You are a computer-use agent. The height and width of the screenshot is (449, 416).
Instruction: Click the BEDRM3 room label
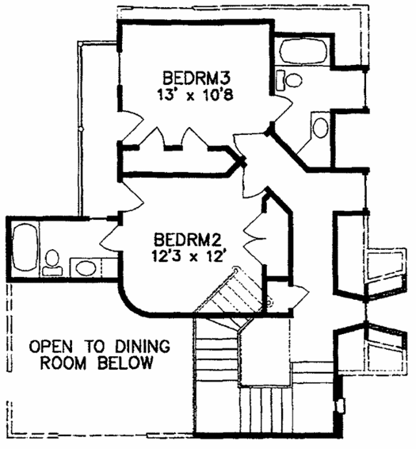pyautogui.click(x=197, y=79)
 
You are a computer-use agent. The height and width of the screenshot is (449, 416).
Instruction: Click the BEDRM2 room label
pyautogui.click(x=188, y=240)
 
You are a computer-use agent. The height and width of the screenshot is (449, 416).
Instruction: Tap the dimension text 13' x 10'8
pyautogui.click(x=196, y=94)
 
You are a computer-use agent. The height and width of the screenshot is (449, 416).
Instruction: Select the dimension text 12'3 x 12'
pyautogui.click(x=188, y=256)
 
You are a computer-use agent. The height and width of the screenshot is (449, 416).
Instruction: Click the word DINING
pyautogui.click(x=143, y=347)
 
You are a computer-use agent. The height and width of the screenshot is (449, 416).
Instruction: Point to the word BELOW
pyautogui.click(x=125, y=363)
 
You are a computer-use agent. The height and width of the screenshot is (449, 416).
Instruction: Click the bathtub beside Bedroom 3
pyautogui.click(x=303, y=51)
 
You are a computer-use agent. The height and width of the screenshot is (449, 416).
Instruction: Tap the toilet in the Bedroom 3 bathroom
pyautogui.click(x=289, y=80)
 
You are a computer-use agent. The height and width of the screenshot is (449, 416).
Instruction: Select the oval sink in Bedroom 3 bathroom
pyautogui.click(x=320, y=128)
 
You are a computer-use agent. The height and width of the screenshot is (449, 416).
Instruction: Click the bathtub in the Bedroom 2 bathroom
pyautogui.click(x=25, y=248)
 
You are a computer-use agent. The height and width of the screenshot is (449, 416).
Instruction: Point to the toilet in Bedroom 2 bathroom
pyautogui.click(x=52, y=263)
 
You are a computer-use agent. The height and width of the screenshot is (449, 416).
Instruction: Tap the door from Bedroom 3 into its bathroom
pyautogui.click(x=283, y=108)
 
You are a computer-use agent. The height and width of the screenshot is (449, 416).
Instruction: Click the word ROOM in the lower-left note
pyautogui.click(x=63, y=363)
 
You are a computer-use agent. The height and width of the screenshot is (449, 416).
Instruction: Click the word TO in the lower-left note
pyautogui.click(x=94, y=347)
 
